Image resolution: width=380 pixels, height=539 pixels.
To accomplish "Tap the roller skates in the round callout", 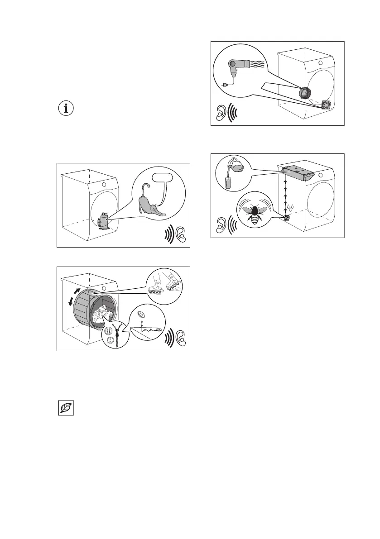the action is point(165,286).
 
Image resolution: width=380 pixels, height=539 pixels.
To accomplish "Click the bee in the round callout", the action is point(255,211).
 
